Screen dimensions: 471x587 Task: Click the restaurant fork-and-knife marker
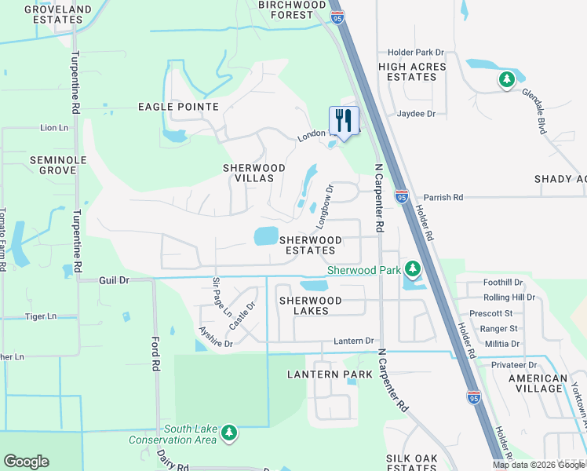[x=344, y=121]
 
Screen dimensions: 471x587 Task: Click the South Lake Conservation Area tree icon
[x=228, y=433]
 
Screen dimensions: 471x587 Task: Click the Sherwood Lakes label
[x=311, y=305]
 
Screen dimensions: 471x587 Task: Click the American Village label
[x=538, y=383]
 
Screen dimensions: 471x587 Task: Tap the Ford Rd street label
[x=155, y=354]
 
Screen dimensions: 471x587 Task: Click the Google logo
[x=26, y=462]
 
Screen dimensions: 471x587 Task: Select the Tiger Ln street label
[x=41, y=316]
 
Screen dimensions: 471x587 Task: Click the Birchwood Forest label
[x=291, y=9]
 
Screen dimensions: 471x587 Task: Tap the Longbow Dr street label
[x=325, y=206]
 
